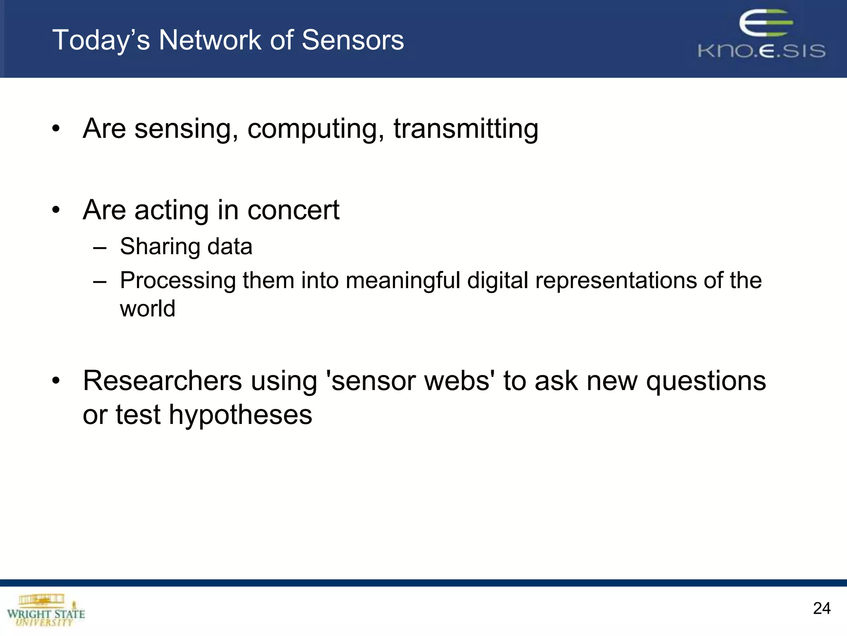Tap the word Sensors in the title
(x=352, y=40)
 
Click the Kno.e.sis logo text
(x=761, y=51)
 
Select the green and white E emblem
(x=766, y=24)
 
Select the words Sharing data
(x=186, y=247)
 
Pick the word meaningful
(x=403, y=281)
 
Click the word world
(x=148, y=309)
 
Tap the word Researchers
(x=162, y=381)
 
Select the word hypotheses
(x=240, y=415)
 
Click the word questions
(x=706, y=381)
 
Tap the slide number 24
(x=821, y=608)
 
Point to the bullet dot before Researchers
(x=56, y=381)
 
